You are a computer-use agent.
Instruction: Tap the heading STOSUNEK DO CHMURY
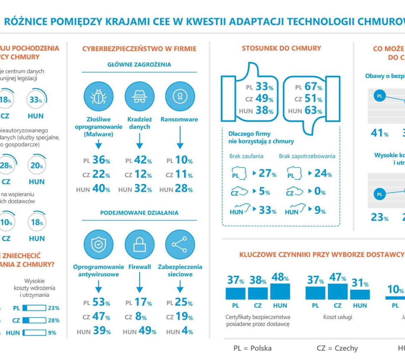point(281,48)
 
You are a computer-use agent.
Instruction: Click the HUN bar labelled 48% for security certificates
point(280,292)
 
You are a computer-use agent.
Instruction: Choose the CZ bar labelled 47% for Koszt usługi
point(337,292)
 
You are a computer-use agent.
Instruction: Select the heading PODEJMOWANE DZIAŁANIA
point(139,213)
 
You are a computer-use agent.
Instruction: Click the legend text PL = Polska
point(252,348)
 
